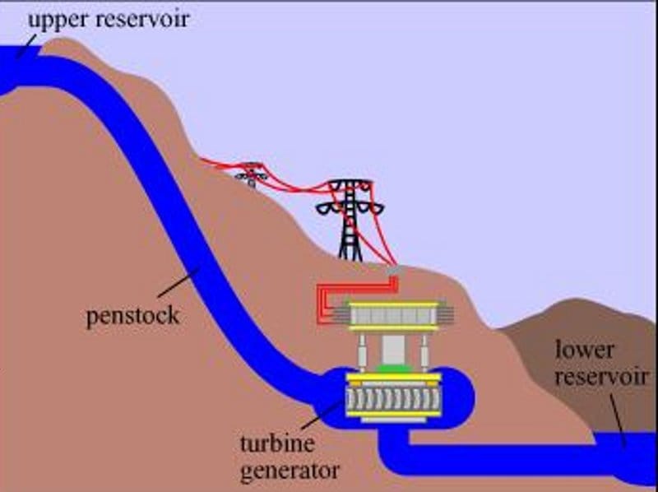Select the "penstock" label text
point(132,316)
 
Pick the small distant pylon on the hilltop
point(250,174)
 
